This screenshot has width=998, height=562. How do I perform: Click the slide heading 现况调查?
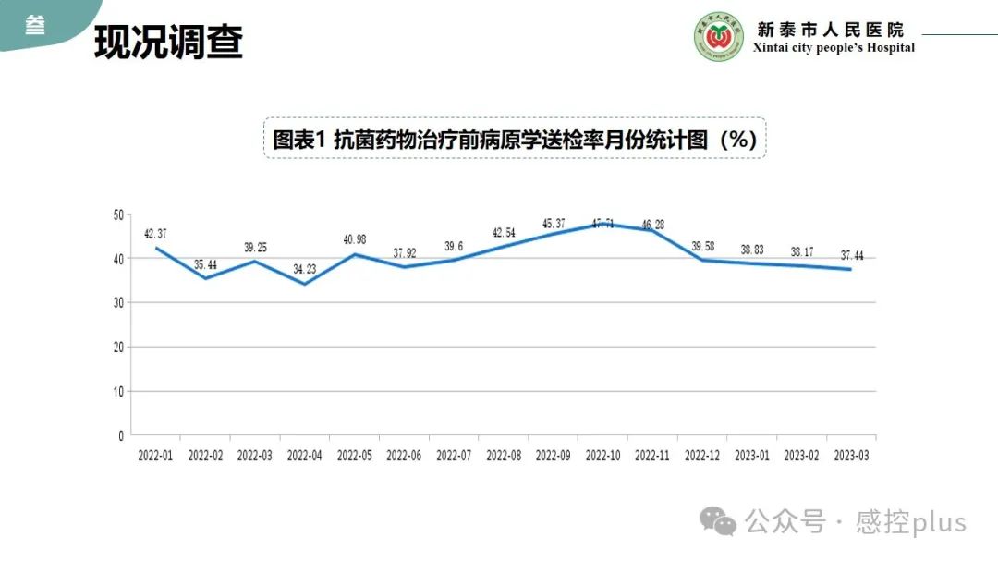168,42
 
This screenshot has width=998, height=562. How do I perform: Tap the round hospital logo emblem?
719,38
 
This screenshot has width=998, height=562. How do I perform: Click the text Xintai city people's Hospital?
834,48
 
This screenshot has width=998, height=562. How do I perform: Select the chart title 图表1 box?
515,139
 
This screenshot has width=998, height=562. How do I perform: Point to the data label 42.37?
155,233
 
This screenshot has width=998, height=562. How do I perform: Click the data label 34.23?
305,269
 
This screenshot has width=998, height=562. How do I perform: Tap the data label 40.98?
355,239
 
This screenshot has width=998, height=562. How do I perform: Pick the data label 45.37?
554,223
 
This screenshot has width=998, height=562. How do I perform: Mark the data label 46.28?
653,224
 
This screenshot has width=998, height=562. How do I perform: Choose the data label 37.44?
852,255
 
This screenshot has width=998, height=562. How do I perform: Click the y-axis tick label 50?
117,214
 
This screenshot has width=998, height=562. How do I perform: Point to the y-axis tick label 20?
117,348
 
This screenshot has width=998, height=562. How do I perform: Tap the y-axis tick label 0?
120,435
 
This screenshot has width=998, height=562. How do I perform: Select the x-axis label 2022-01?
155,456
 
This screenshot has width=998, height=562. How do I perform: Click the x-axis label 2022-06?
405,456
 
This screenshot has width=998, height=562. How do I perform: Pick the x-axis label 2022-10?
603,456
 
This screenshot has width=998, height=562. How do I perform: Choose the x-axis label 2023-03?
852,456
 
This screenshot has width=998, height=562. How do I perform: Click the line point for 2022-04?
305,284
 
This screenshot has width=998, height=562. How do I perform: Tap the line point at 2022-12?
703,260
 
